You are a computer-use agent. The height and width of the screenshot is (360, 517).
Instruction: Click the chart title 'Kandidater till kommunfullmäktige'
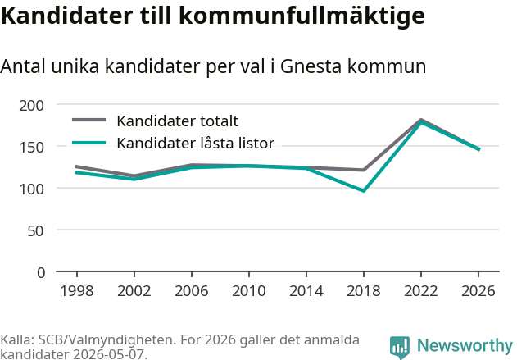pos(213,16)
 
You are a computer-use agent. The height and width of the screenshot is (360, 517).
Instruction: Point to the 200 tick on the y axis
pos(32,106)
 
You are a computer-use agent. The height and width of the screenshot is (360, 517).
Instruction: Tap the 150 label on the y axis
pos(32,148)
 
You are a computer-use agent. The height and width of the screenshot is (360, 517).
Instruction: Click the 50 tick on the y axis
pos(35,231)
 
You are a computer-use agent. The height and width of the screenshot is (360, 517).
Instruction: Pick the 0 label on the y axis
pos(41,273)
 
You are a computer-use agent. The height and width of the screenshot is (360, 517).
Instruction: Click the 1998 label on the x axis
pos(77,291)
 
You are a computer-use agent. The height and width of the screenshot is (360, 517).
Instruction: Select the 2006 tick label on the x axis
pos(192,291)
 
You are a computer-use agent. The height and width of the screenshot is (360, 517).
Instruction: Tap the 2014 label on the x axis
pos(306,291)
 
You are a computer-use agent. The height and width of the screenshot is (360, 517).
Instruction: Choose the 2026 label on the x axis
pos(478,291)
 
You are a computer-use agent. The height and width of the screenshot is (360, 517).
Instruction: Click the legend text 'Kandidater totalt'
pos(178,121)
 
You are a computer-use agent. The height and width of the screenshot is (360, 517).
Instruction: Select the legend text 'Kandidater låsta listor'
pos(196,144)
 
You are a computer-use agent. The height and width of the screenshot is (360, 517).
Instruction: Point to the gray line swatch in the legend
pos(89,120)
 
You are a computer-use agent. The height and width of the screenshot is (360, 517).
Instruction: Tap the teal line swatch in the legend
pos(89,143)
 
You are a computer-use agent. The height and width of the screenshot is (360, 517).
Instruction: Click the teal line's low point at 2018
pos(364,191)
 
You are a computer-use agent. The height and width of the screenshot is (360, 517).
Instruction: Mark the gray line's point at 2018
pos(364,170)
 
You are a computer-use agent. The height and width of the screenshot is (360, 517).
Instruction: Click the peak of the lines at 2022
pos(421,121)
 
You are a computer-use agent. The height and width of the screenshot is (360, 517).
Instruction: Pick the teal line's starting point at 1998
pos(77,172)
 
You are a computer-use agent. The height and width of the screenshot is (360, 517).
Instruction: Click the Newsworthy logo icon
pos(400,348)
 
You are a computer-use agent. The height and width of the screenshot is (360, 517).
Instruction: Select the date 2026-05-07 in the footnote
pos(108,354)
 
